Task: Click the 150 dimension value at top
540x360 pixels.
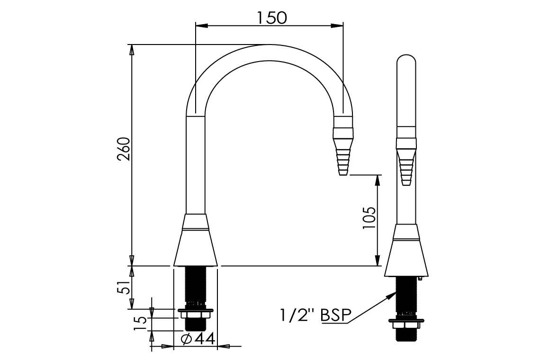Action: pyautogui.click(x=272, y=18)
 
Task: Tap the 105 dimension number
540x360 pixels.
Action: pyautogui.click(x=369, y=218)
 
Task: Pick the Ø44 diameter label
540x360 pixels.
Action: pyautogui.click(x=198, y=339)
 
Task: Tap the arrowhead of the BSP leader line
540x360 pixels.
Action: pyautogui.click(x=391, y=295)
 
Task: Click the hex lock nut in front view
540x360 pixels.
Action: pyautogui.click(x=195, y=315)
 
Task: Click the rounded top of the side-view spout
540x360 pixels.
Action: pyautogui.click(x=406, y=62)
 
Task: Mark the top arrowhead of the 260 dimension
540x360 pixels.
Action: pyautogui.click(x=132, y=49)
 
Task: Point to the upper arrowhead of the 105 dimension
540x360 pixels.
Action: pyautogui.click(x=378, y=180)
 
